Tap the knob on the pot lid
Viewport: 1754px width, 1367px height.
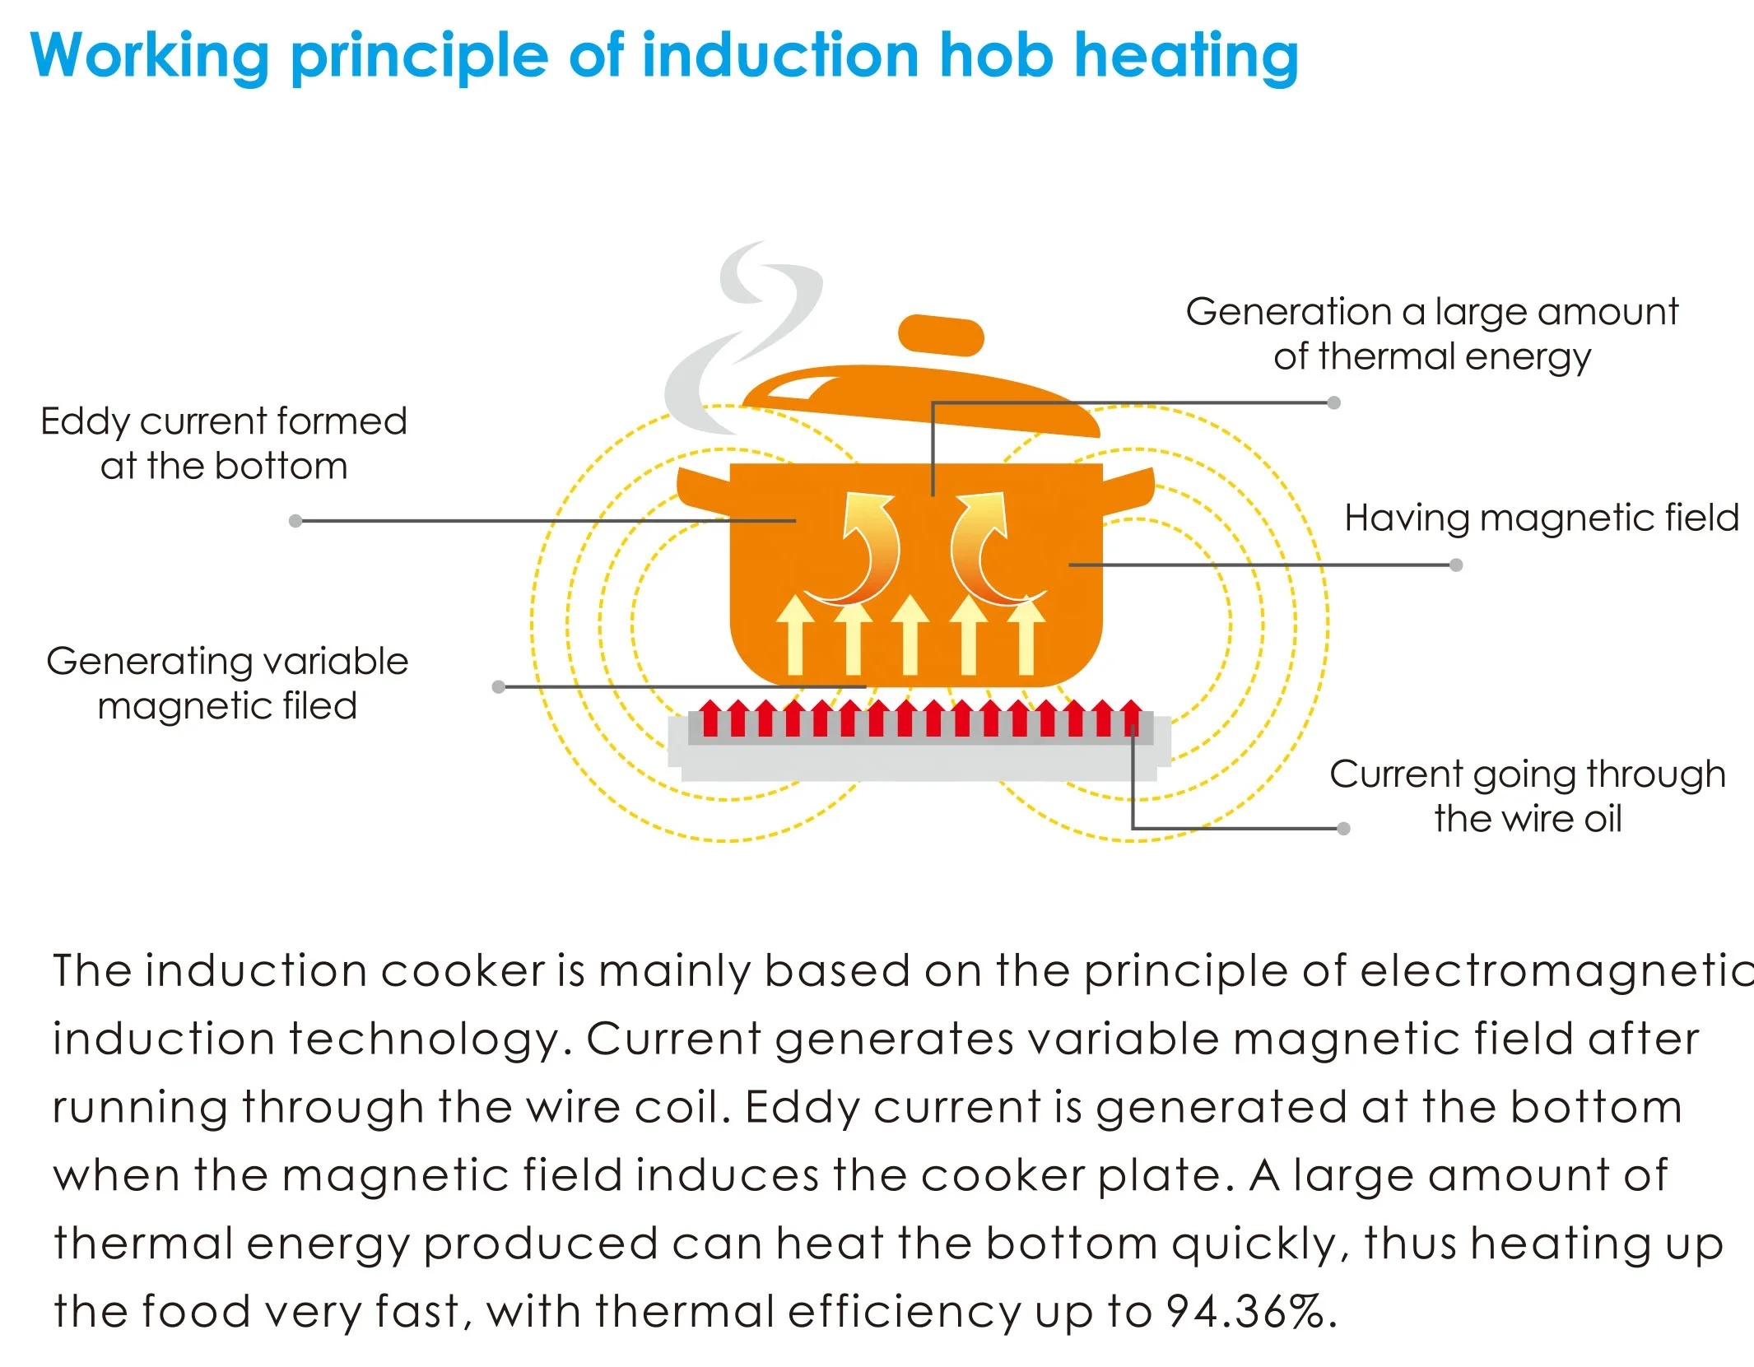pos(941,335)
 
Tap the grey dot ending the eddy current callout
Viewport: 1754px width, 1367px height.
pos(295,521)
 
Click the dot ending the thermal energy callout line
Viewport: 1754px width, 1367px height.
pos(1334,402)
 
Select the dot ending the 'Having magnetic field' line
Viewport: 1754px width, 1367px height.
pos(1456,565)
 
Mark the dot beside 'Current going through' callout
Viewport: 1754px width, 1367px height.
pos(1343,829)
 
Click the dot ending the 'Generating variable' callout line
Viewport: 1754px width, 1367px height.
pos(498,686)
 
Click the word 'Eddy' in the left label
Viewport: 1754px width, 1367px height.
pos(86,423)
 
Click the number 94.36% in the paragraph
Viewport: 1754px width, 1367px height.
pos(1246,1311)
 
